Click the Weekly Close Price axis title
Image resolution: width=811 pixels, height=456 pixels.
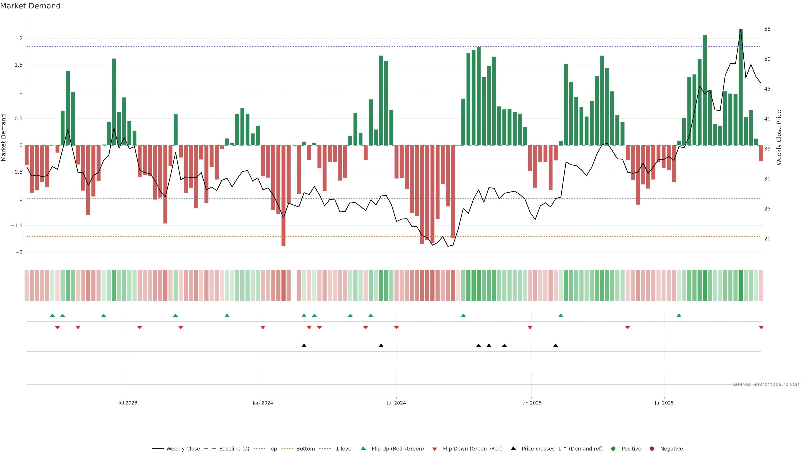(x=779, y=137)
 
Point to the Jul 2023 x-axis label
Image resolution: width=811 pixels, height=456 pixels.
(x=128, y=403)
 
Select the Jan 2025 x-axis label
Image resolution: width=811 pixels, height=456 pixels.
(x=531, y=403)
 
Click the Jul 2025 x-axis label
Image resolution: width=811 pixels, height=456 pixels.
(x=664, y=403)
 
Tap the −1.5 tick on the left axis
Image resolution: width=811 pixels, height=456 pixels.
(x=16, y=226)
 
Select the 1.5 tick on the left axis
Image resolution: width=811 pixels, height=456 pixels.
(x=19, y=65)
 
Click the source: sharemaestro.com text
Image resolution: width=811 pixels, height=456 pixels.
(x=767, y=384)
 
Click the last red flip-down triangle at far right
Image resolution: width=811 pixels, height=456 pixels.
(x=761, y=328)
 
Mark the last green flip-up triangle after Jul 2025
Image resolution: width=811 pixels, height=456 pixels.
(x=679, y=315)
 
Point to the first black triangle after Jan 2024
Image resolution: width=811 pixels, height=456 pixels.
(x=304, y=346)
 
